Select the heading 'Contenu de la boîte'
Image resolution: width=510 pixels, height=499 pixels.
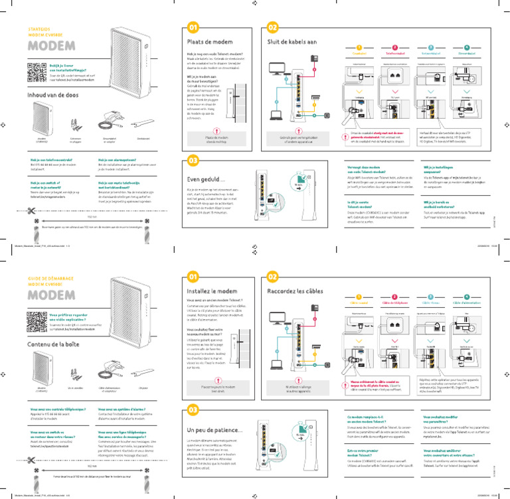click(x=56, y=344)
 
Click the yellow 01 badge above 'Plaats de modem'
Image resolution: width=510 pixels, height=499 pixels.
click(x=193, y=28)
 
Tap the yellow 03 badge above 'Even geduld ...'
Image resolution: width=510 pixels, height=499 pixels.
click(x=193, y=161)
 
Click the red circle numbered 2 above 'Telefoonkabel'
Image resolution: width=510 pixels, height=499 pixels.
click(x=394, y=48)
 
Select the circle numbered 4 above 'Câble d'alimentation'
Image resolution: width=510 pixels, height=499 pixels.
click(x=467, y=297)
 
